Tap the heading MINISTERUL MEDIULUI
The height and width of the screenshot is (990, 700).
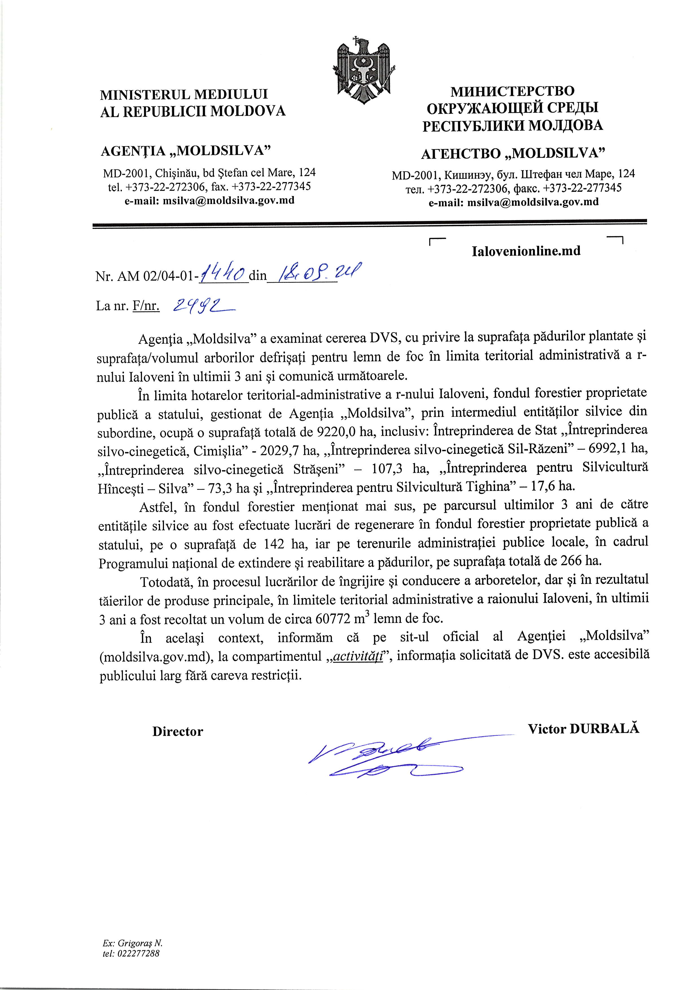pyautogui.click(x=184, y=94)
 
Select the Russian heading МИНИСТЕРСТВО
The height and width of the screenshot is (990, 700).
pyautogui.click(x=512, y=91)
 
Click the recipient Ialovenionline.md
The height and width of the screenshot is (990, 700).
pyautogui.click(x=526, y=251)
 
